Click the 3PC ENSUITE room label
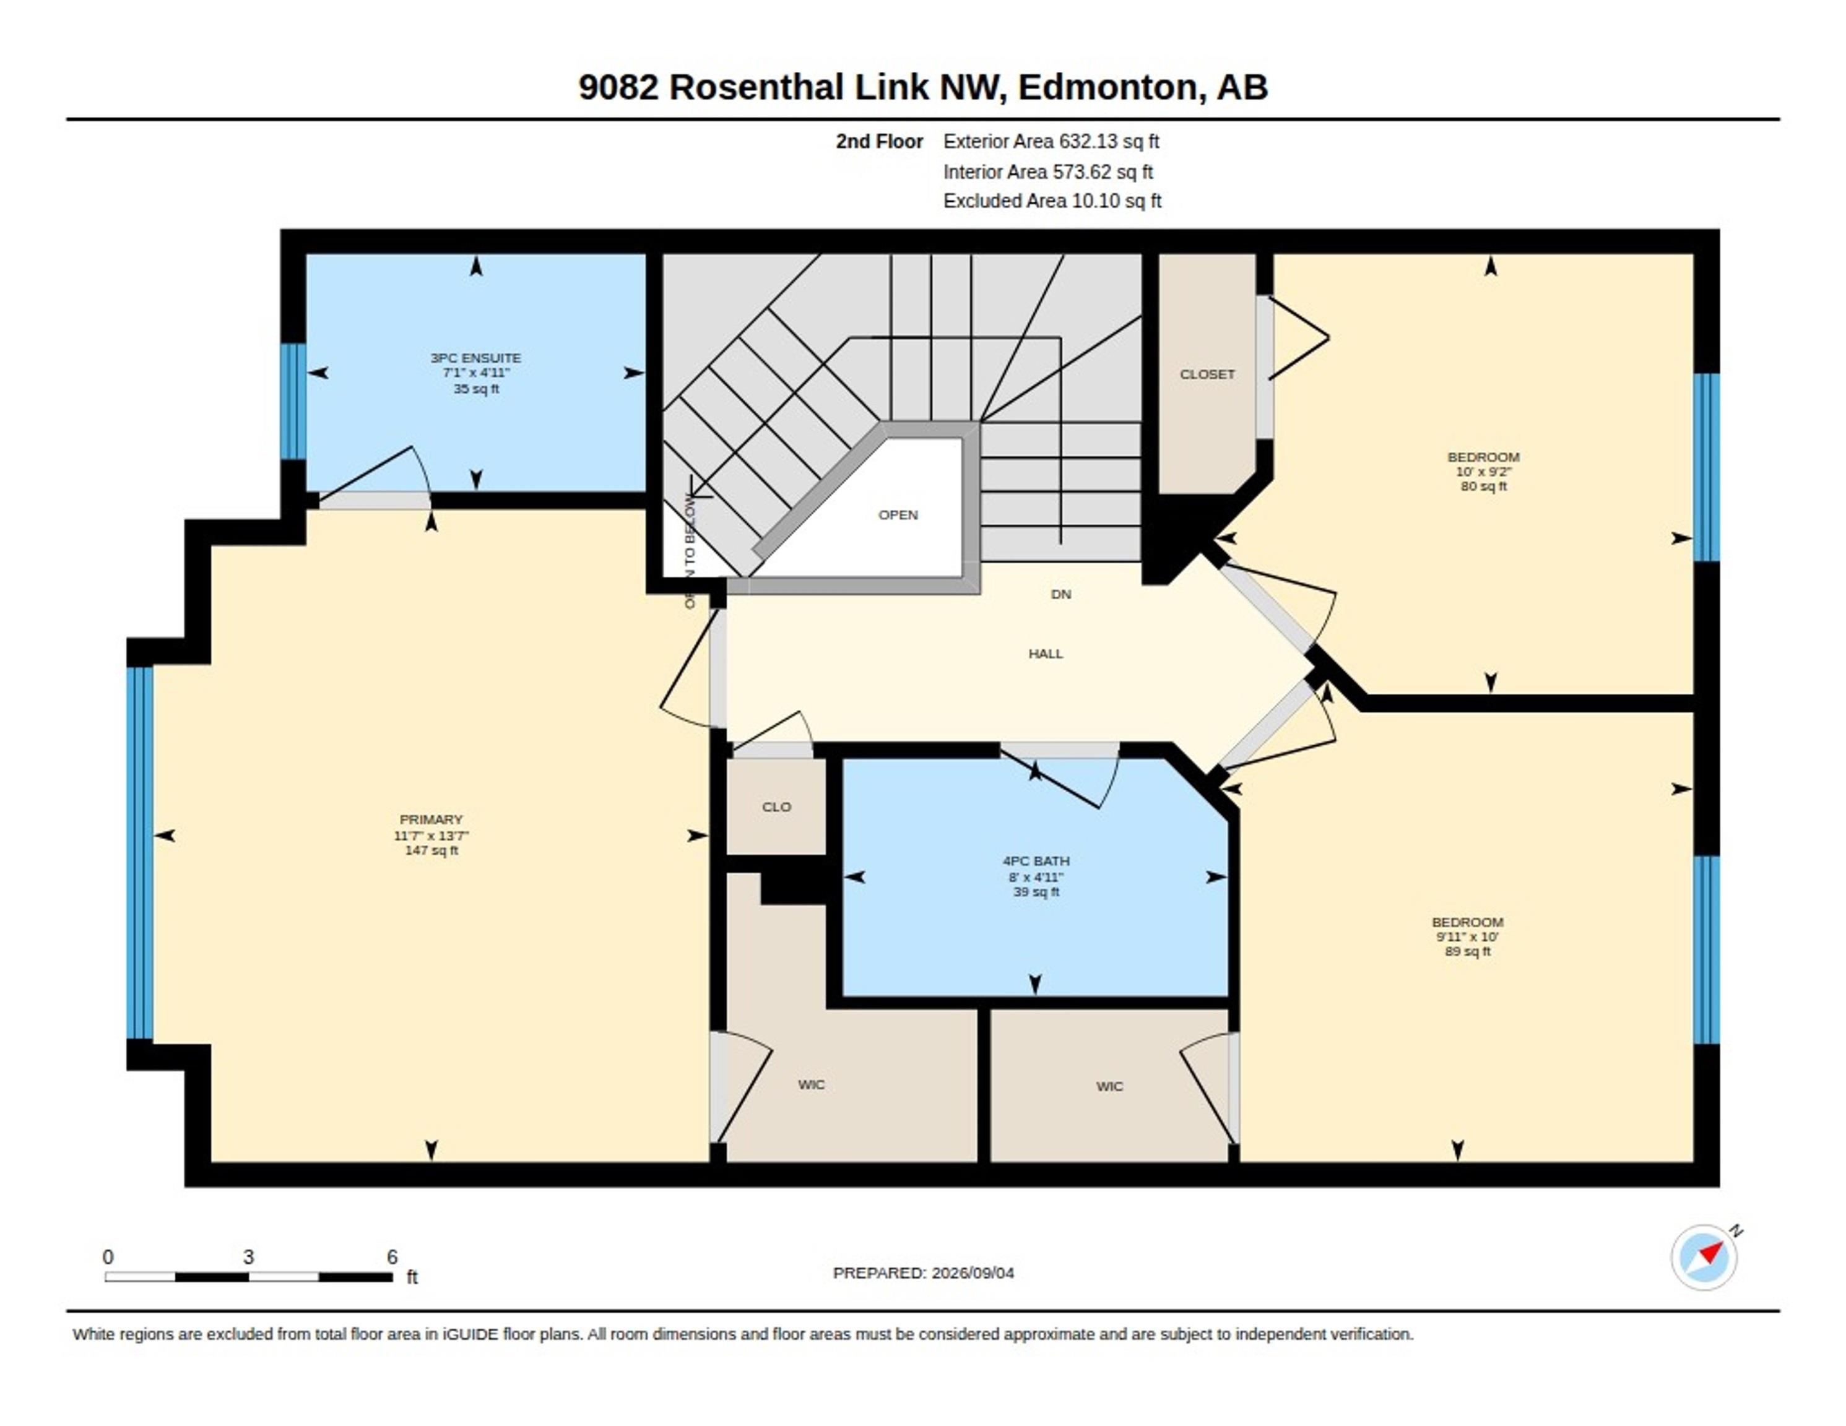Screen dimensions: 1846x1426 pos(476,358)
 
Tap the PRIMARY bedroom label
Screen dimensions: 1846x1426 pos(431,819)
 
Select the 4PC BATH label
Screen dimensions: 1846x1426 pos(1036,860)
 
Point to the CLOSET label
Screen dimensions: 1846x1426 pos(1207,374)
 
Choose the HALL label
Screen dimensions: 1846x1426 pos(1046,654)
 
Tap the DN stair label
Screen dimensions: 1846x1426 pos(1061,594)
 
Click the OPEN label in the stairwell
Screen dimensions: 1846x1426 pos(898,515)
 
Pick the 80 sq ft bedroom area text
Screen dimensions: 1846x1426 pos(1483,486)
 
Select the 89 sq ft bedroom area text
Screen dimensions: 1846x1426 pos(1467,951)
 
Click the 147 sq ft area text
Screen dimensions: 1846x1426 pos(431,850)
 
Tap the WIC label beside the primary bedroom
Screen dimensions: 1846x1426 pos(812,1084)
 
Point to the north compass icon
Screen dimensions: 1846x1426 pos(1705,1256)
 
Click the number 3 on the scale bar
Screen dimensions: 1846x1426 pos(248,1257)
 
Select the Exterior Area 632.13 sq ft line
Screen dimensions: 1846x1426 pos(1052,141)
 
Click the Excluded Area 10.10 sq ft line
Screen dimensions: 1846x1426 pos(1052,201)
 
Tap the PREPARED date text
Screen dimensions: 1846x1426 pos(923,1273)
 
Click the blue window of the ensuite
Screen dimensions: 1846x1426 pos(293,402)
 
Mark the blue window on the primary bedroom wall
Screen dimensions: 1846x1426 pos(141,853)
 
